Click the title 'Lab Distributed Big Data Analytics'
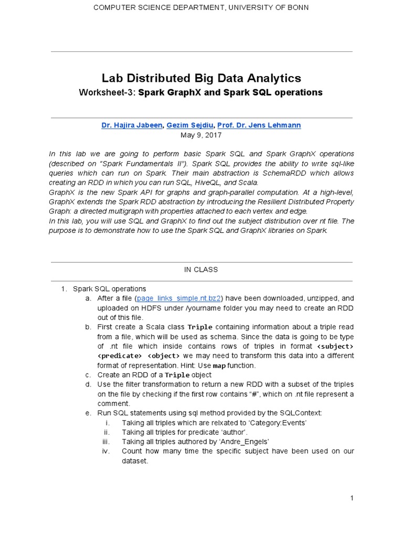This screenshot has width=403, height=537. click(201, 78)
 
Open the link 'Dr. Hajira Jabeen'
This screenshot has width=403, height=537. click(132, 125)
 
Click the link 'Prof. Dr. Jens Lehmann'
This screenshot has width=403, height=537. click(259, 125)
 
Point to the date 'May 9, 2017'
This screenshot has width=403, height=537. click(201, 135)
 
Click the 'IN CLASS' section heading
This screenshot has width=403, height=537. click(201, 270)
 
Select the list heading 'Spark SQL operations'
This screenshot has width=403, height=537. click(109, 288)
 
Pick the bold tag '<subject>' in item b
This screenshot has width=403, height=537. click(335, 347)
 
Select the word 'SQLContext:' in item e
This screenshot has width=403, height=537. click(303, 413)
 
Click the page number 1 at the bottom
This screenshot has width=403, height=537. click(352, 498)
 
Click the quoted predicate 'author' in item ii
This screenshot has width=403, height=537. click(235, 432)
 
